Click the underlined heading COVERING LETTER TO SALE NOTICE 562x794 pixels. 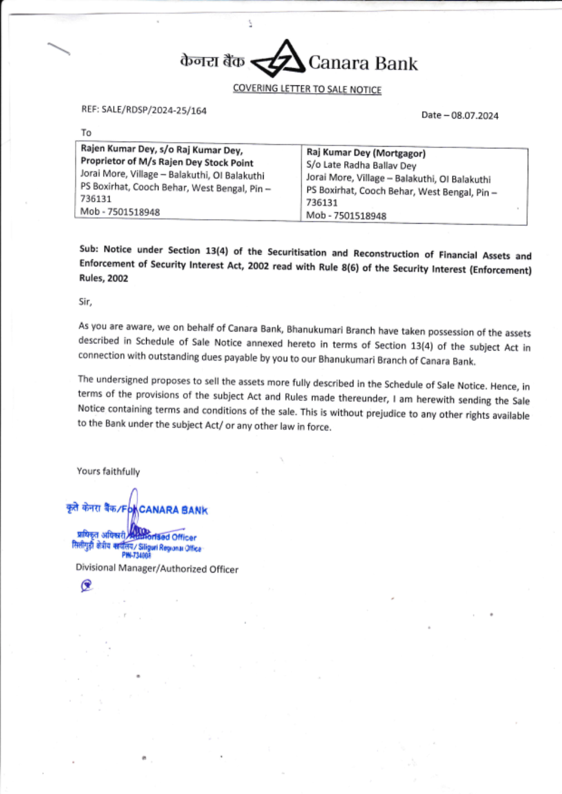click(307, 89)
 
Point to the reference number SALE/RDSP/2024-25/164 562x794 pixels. click(154, 110)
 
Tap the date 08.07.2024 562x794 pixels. click(474, 116)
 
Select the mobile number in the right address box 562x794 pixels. click(360, 216)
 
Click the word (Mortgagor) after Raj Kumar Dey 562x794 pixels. click(400, 153)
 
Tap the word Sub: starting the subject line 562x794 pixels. click(89, 249)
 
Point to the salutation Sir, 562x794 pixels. click(85, 302)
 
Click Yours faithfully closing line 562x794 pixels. click(108, 471)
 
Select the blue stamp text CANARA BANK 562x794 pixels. click(173, 510)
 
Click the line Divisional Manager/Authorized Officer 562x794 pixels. click(157, 569)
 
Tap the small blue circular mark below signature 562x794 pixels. click(86, 586)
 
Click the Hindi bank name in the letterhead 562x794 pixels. click(212, 61)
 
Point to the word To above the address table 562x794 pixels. click(86, 133)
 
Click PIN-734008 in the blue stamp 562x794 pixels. click(137, 555)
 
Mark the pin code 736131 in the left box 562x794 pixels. click(96, 199)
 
